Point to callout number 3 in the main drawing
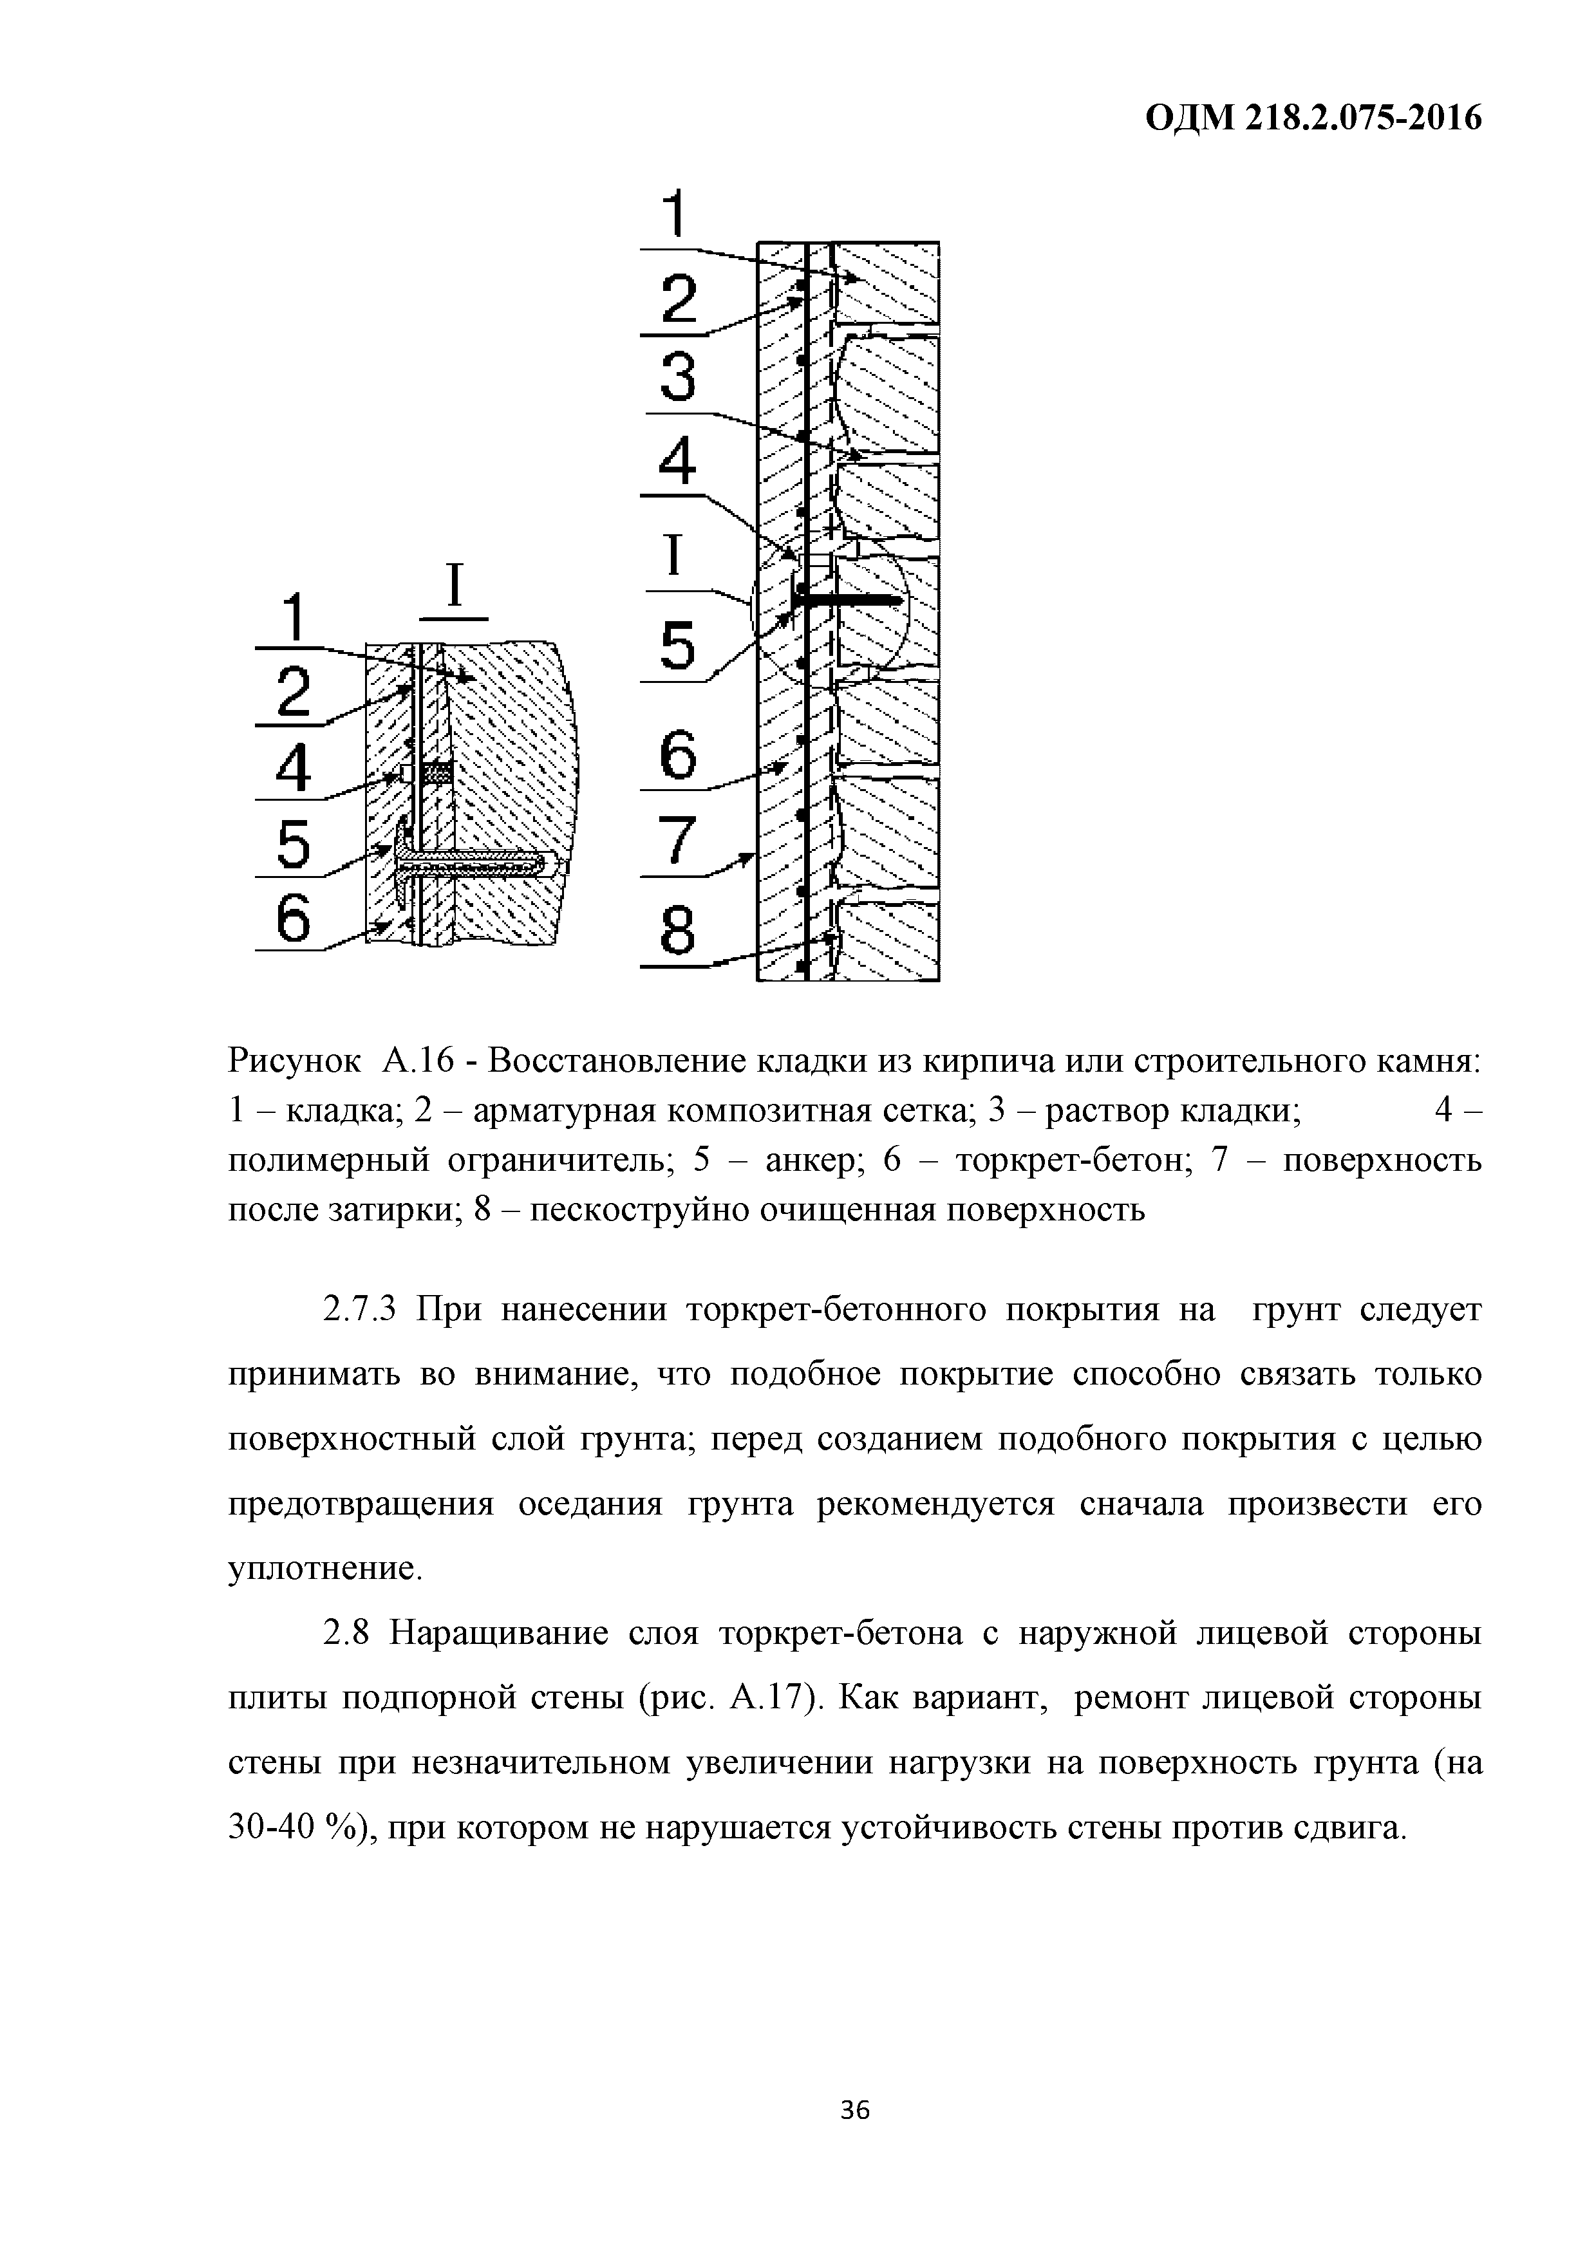click(x=677, y=378)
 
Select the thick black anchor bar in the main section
click(x=850, y=598)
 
